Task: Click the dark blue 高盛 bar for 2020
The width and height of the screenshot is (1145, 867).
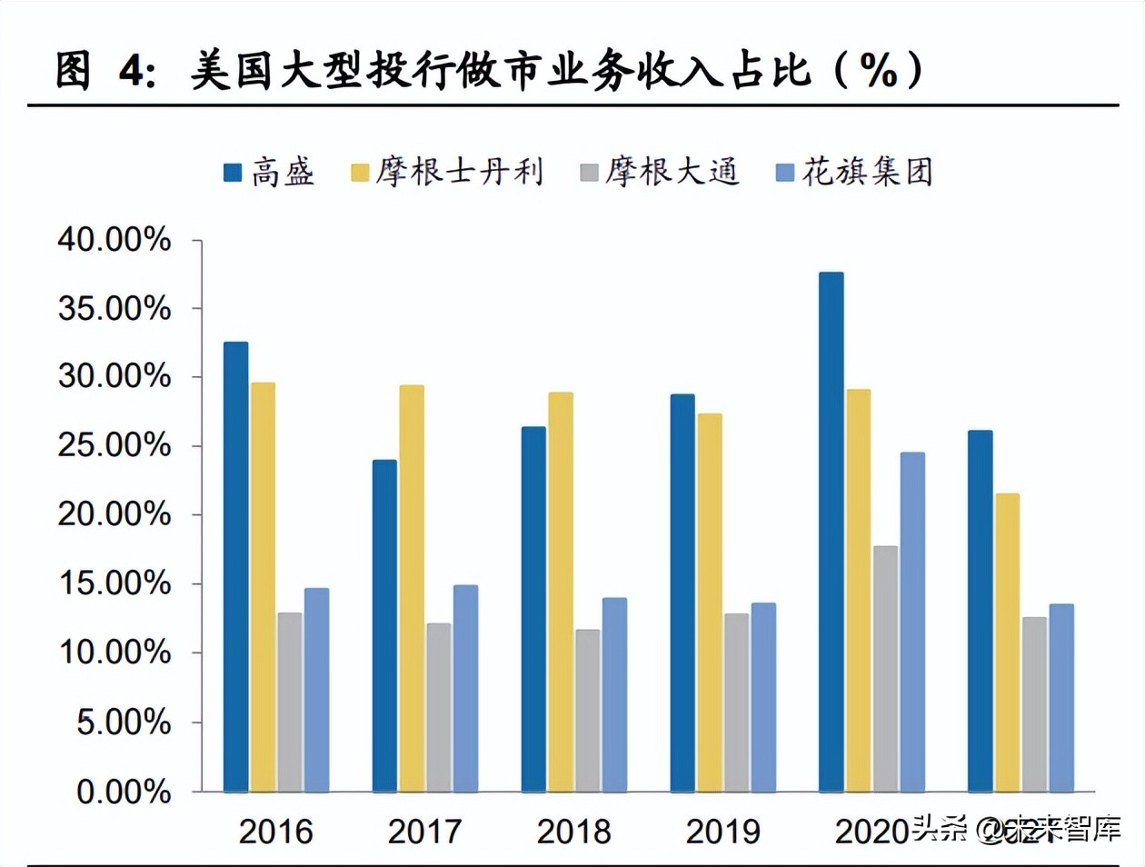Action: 831,532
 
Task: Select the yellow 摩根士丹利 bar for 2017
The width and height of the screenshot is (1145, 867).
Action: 412,588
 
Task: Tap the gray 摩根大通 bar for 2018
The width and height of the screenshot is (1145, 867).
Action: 587,710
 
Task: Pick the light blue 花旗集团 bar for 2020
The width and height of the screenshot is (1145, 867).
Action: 912,622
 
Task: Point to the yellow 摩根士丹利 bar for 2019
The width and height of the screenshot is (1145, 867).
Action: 710,603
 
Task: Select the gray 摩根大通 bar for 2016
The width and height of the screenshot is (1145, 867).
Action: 290,702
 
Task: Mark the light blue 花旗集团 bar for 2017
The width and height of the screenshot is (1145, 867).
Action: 465,688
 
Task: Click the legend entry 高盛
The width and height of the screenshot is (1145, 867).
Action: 269,172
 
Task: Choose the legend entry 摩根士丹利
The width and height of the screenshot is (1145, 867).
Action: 447,172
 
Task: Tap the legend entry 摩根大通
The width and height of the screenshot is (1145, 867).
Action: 660,172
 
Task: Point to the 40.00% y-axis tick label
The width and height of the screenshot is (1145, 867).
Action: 114,240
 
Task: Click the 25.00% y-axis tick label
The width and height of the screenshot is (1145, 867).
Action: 114,445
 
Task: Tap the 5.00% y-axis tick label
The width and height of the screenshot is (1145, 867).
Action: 124,722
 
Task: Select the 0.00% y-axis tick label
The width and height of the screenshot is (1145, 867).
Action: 124,792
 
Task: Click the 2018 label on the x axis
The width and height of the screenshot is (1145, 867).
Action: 573,831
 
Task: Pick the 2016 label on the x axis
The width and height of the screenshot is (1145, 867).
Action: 275,831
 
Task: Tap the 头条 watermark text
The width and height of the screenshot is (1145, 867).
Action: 939,829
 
